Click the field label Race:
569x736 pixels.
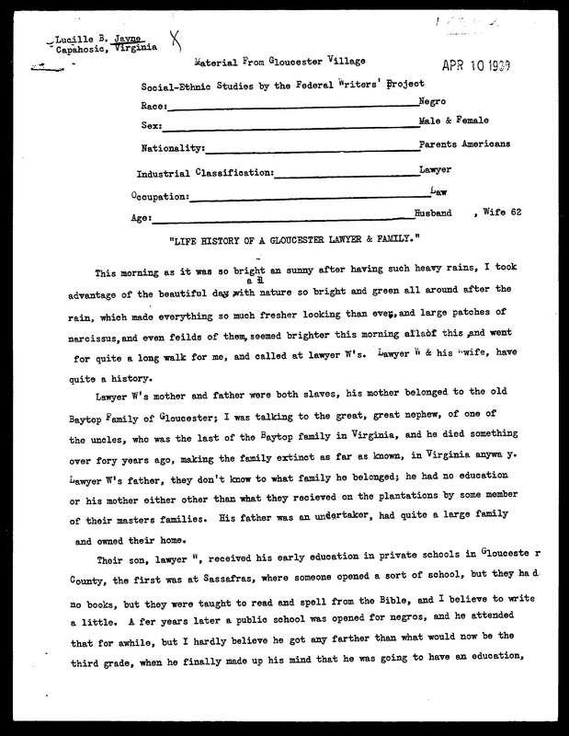click(x=154, y=108)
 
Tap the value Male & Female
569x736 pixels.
click(x=453, y=122)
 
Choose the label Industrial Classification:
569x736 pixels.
click(x=204, y=173)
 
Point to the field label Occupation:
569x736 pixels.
click(x=161, y=196)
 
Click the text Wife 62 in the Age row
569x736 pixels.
click(x=501, y=214)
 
